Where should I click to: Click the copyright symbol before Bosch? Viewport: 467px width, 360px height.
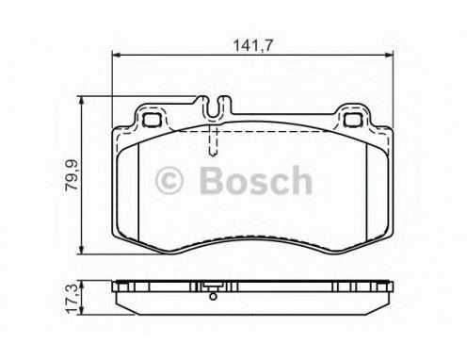coord(170,179)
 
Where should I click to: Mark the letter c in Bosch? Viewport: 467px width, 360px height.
coord(277,181)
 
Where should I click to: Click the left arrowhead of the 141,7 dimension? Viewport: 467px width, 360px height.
coord(117,55)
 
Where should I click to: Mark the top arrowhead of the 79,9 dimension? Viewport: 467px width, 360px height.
coord(86,100)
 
